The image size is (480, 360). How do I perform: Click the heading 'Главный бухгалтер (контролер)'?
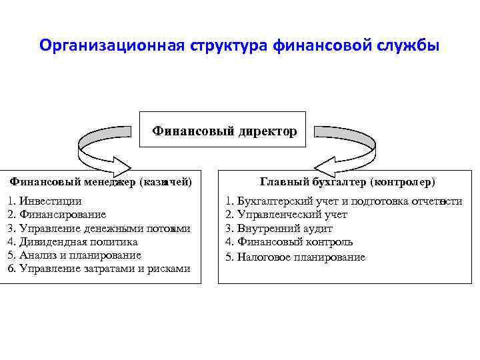coord(347,181)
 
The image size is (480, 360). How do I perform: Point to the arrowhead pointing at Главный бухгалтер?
coord(325,164)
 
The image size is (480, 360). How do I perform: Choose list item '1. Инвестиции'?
coord(45,201)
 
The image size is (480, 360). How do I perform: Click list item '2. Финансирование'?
coord(56,214)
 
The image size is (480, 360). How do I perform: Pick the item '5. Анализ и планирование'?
coord(74,255)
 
